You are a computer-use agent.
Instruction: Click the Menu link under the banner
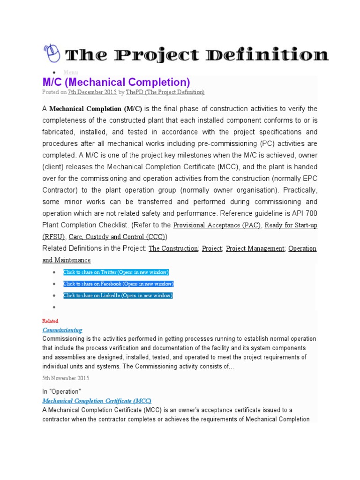(x=71, y=72)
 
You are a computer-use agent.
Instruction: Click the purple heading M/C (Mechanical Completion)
(x=116, y=82)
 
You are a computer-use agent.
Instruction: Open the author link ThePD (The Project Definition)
(x=165, y=93)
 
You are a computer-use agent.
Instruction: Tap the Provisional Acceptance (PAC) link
(x=217, y=225)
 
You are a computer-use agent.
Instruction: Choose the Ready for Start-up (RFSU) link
(x=291, y=225)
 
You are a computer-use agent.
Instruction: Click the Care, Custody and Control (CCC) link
(x=117, y=237)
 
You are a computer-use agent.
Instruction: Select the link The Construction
(x=173, y=248)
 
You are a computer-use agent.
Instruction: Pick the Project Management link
(x=255, y=248)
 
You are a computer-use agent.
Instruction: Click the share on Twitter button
(x=116, y=272)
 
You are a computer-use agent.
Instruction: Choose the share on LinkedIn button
(x=118, y=296)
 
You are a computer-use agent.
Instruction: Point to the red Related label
(x=50, y=321)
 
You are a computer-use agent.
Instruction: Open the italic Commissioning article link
(x=62, y=330)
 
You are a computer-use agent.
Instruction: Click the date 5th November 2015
(x=66, y=378)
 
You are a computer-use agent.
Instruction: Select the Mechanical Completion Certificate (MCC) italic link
(x=97, y=401)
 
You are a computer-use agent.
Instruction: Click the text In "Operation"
(x=61, y=391)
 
